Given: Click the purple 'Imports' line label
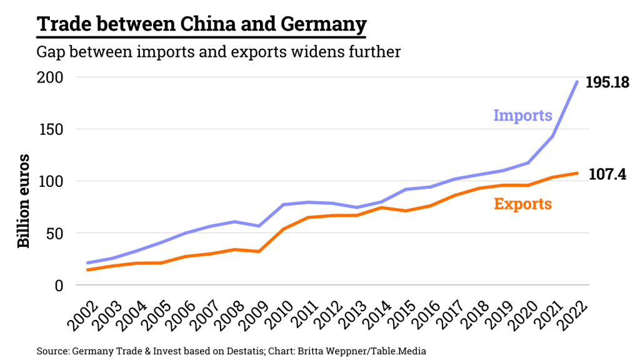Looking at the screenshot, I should [522, 116].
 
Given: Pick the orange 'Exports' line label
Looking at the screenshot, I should [522, 204].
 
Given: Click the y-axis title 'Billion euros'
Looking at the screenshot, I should [23, 200].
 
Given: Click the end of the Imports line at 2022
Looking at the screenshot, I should [576, 82].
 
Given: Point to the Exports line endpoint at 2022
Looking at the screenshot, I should [576, 173].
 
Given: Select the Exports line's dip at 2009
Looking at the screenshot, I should [259, 251].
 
